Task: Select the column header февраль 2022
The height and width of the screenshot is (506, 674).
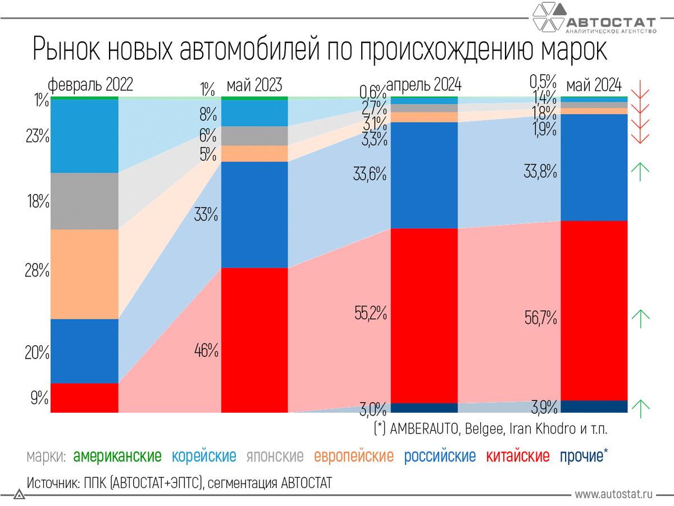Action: coord(90,85)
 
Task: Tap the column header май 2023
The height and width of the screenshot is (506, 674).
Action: coord(254,85)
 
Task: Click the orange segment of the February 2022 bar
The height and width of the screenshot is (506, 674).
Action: coord(84,274)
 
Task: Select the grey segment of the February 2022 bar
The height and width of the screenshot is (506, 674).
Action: coord(84,201)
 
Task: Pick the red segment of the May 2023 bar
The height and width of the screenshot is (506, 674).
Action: coord(254,340)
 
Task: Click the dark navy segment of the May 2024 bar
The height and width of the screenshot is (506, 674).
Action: coord(594,406)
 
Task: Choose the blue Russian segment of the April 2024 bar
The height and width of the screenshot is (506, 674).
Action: coord(425,175)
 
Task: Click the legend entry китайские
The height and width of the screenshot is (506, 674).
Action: coord(517,456)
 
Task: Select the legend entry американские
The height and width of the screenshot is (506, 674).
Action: coord(117,456)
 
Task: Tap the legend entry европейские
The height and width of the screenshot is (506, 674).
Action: coord(354,456)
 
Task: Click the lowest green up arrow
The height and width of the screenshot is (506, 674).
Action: coord(640,408)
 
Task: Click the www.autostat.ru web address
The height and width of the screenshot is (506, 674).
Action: coord(614,494)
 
